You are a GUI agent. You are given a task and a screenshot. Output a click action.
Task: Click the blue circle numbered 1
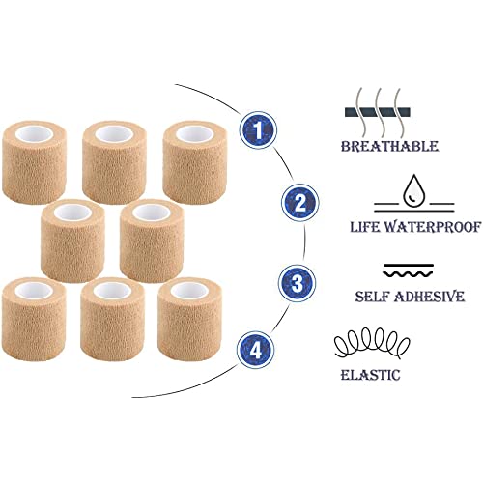[x=258, y=130]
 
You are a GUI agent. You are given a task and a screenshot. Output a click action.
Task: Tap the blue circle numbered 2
[x=300, y=203]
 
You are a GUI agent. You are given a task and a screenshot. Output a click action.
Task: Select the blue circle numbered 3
[x=298, y=283]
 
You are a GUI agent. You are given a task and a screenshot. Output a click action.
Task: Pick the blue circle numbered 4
[x=256, y=350]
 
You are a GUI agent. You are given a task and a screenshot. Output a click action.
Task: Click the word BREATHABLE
[x=389, y=147]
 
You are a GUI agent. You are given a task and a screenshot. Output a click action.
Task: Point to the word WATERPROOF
[x=433, y=227]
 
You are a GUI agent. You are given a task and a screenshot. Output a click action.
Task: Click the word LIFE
[x=365, y=227]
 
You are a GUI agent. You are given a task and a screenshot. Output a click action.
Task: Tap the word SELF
[x=372, y=297]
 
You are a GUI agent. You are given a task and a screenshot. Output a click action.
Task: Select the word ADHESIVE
[x=429, y=297]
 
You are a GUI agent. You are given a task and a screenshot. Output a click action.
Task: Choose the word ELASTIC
[x=370, y=375]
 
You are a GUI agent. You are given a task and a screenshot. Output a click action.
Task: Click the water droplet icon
[x=414, y=190]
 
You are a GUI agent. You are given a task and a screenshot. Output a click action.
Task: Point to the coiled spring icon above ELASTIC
[x=372, y=343]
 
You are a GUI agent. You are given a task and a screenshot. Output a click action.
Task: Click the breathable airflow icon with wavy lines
[x=377, y=112]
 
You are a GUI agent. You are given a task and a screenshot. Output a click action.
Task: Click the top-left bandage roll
[x=34, y=162]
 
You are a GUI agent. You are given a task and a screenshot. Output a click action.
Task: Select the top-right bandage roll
[x=195, y=162]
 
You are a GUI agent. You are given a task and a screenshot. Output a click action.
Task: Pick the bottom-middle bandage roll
[x=112, y=319]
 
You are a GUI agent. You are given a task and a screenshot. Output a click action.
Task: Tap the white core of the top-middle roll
[x=115, y=134]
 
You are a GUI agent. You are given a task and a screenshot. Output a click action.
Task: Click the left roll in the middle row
[x=72, y=241]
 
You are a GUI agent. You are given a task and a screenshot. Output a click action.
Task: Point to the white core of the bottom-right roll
[x=189, y=291]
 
